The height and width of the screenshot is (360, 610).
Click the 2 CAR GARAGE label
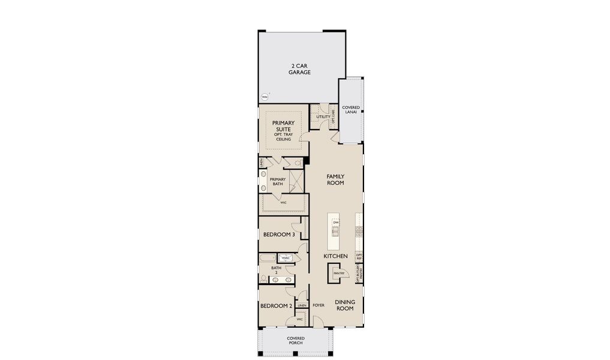coord(301,69)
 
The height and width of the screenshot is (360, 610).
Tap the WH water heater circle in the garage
coord(265,97)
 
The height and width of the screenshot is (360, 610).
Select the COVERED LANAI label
coord(351,110)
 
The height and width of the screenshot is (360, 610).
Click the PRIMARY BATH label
coord(277,181)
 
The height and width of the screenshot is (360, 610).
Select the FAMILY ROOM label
coord(335,179)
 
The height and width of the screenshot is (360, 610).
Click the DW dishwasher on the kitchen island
coord(336,223)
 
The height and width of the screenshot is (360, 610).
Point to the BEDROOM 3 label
coord(279,235)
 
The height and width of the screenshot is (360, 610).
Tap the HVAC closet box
coord(286,258)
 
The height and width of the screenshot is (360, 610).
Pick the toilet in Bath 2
coord(263,278)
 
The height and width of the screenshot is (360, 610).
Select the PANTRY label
coord(338,273)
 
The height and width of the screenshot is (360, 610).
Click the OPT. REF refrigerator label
coord(359,257)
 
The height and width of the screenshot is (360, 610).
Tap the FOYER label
coord(318,305)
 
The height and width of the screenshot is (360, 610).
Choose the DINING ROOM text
coord(345,305)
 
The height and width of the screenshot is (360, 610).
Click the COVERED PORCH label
coord(295,341)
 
